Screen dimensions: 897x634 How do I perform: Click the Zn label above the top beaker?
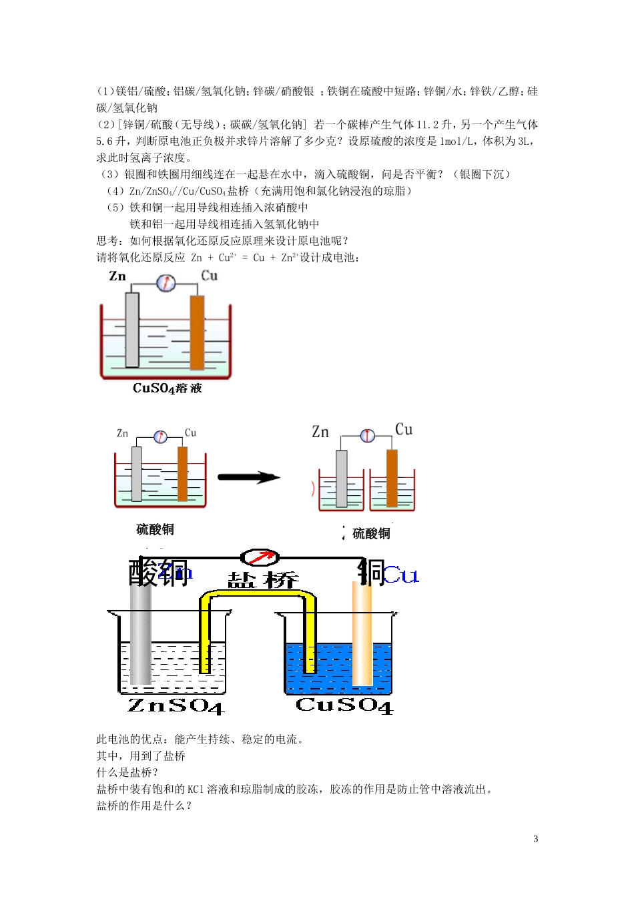(x=117, y=276)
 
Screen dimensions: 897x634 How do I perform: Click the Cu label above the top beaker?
(x=210, y=276)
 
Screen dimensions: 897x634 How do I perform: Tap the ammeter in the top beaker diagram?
(x=166, y=284)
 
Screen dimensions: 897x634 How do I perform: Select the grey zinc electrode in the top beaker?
(x=132, y=330)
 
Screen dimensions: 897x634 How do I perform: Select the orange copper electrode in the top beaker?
(x=197, y=332)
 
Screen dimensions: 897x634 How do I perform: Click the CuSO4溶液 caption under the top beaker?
(x=167, y=388)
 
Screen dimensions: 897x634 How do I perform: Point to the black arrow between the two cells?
(x=248, y=477)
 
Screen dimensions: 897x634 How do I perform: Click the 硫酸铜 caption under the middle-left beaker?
(x=155, y=529)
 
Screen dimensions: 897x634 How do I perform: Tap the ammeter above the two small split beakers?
(x=368, y=436)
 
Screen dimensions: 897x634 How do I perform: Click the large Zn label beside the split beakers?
(x=320, y=432)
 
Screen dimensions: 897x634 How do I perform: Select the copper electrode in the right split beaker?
(x=392, y=478)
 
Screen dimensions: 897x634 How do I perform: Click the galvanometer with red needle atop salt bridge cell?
(x=260, y=557)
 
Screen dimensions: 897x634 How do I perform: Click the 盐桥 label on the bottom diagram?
(x=263, y=580)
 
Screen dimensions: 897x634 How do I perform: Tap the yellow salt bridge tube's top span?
(x=258, y=595)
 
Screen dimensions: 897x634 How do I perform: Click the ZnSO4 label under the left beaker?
(x=175, y=705)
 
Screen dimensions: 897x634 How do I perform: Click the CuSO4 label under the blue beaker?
(x=344, y=705)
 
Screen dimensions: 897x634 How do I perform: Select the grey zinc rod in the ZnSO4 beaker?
(x=140, y=634)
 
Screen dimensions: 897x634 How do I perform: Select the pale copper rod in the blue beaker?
(x=362, y=634)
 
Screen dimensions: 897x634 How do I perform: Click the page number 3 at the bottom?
(x=535, y=839)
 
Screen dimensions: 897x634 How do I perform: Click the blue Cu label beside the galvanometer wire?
(x=402, y=575)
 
